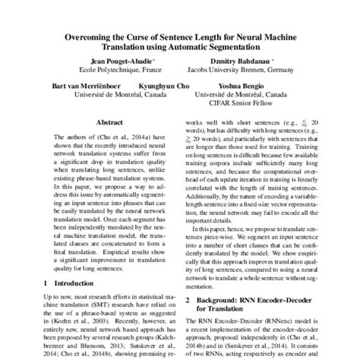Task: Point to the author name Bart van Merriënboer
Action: click(79, 87)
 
